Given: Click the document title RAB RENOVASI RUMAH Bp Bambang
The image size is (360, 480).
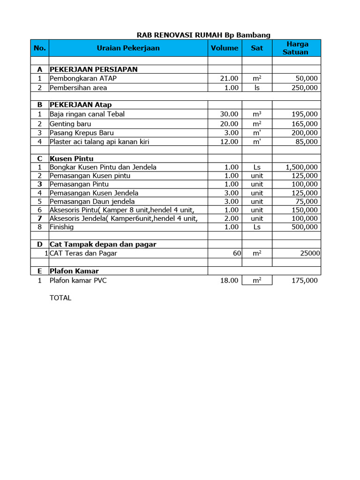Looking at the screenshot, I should [x=203, y=35].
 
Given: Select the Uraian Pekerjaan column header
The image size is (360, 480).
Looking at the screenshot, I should [x=128, y=48].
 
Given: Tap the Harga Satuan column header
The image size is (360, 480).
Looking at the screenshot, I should [x=296, y=48].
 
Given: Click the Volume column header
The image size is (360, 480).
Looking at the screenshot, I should [x=225, y=48].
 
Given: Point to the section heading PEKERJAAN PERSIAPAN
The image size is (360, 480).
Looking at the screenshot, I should [x=94, y=69].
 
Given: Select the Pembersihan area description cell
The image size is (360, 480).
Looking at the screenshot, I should [x=78, y=88].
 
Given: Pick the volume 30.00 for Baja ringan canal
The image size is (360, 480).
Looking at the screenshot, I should [x=229, y=114].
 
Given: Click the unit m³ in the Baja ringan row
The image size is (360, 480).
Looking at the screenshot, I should [x=257, y=114].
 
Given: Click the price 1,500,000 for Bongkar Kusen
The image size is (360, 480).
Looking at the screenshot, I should [x=301, y=167].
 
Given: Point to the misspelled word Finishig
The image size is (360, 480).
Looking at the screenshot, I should [x=62, y=227].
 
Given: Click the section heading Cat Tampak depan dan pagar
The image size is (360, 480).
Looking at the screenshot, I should [x=103, y=244].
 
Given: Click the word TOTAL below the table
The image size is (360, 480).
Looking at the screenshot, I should [x=60, y=298].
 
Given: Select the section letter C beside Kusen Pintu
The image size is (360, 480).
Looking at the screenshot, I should [x=40, y=158].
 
